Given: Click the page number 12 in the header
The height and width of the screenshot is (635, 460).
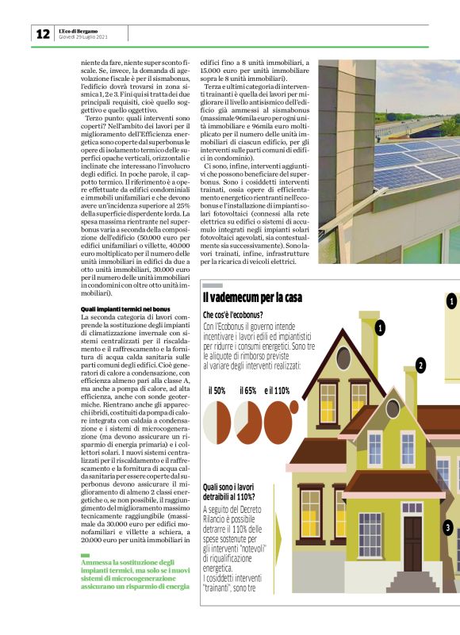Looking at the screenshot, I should click(42, 34).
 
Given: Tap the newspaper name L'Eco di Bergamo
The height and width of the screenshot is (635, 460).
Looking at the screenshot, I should click(79, 30).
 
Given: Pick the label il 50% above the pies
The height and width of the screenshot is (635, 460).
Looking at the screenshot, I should click(217, 390).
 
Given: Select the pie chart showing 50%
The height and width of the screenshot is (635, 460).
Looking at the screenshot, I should click(217, 419).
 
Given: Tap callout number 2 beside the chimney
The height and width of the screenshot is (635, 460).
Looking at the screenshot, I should click(420, 365).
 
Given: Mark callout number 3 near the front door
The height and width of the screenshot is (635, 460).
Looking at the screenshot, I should click(448, 527).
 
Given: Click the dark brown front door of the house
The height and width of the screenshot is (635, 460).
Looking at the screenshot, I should click(413, 543).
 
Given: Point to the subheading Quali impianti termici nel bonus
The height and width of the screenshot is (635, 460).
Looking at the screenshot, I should click(126, 308).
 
